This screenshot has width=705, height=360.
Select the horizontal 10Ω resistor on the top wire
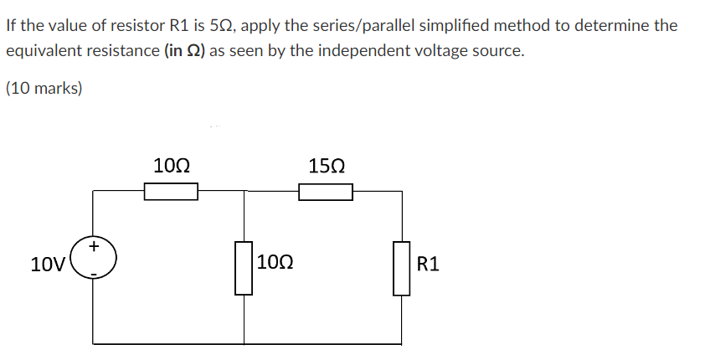(x=171, y=193)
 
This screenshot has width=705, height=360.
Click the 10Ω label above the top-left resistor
(x=171, y=164)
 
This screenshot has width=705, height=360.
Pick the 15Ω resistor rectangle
(x=325, y=193)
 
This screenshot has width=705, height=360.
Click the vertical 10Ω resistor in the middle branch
(x=244, y=267)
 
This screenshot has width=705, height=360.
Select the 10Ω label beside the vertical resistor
(x=275, y=265)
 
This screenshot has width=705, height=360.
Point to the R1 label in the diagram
(x=427, y=265)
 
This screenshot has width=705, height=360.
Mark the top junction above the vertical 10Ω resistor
(x=244, y=192)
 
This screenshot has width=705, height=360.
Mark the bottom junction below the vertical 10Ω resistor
(x=244, y=343)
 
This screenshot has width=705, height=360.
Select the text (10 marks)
(x=44, y=88)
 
